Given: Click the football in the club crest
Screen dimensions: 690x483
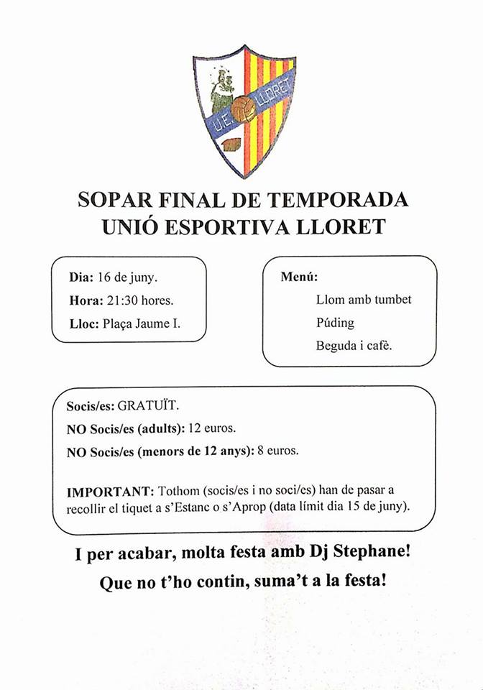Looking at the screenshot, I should pyautogui.click(x=244, y=110).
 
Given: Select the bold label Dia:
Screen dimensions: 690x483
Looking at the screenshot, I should pyautogui.click(x=81, y=277).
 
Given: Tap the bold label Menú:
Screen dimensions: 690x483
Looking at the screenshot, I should pyautogui.click(x=299, y=277).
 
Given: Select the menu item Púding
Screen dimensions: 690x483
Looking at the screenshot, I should pyautogui.click(x=335, y=323).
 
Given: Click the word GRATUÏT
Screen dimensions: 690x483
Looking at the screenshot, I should pyautogui.click(x=148, y=406).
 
